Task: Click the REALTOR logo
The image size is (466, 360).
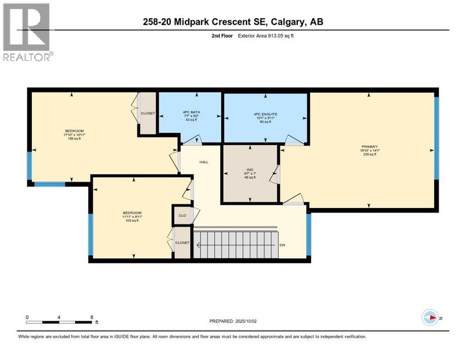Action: [x=27, y=32]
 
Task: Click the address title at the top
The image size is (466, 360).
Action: [x=233, y=22]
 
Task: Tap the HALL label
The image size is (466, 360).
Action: [x=204, y=162]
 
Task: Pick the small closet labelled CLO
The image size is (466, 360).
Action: [x=182, y=216]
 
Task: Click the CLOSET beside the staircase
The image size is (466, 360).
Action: [x=182, y=242]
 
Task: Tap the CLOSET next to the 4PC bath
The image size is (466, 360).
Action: [x=148, y=113]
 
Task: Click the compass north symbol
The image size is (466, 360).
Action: [x=430, y=318]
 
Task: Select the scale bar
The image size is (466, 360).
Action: [x=59, y=322]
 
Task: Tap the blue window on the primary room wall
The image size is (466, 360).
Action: [x=436, y=138]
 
